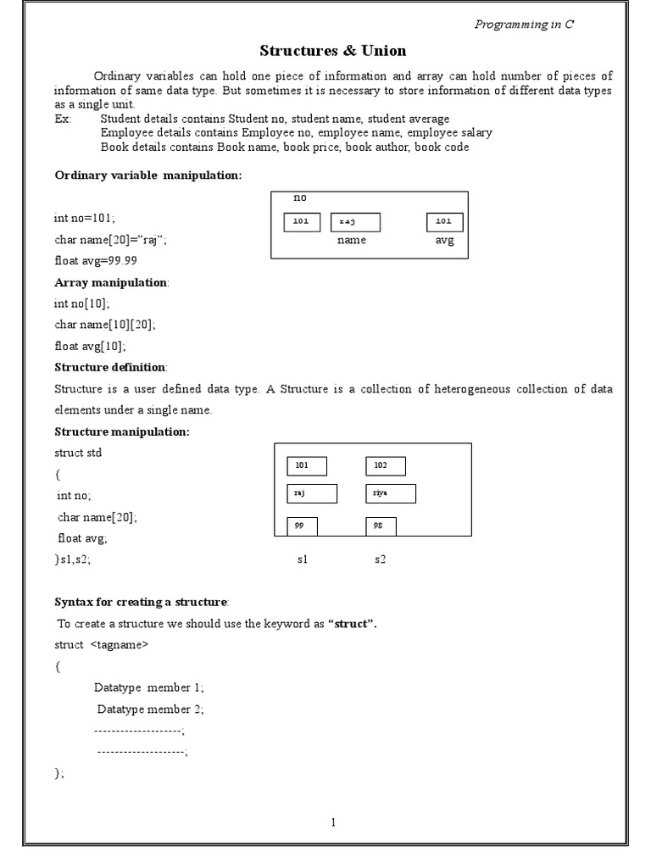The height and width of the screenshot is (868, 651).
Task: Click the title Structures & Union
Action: [x=332, y=51]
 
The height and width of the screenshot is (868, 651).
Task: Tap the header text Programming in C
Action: [x=523, y=25]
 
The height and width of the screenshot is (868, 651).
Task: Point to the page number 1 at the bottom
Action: [x=333, y=821]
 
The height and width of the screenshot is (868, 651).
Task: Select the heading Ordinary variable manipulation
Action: [x=148, y=175]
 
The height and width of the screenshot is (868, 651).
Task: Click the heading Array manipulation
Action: [x=111, y=281]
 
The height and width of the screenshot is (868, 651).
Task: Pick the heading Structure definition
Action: [x=111, y=367]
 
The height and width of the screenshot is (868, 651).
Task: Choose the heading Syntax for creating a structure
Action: [x=142, y=602]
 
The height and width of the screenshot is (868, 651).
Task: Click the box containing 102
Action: [x=386, y=466]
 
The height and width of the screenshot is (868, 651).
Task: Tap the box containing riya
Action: [x=391, y=493]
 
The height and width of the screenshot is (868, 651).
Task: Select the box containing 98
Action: [x=381, y=526]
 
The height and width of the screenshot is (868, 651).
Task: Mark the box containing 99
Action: [x=302, y=526]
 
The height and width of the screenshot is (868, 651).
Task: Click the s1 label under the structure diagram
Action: [x=303, y=560]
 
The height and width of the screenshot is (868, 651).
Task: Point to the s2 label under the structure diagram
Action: [x=381, y=560]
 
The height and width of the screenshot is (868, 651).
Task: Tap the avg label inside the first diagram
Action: [x=444, y=240]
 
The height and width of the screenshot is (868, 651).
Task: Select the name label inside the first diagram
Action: [x=351, y=240]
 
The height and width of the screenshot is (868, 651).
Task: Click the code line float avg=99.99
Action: [x=96, y=260]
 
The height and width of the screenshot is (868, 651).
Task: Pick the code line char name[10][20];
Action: [x=105, y=324]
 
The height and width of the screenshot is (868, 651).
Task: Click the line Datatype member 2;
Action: [x=150, y=709]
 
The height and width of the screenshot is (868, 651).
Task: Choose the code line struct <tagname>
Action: [x=102, y=645]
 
